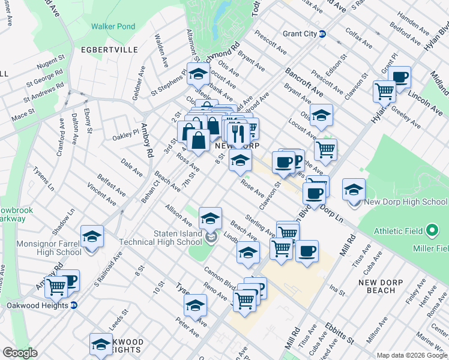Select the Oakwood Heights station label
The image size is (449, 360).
click(37, 305)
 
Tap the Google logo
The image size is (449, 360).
click(20, 353)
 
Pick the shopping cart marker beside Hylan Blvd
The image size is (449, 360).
click(384, 91)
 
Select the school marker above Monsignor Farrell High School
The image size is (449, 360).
click(92, 236)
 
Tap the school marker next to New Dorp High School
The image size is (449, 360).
click(354, 189)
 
